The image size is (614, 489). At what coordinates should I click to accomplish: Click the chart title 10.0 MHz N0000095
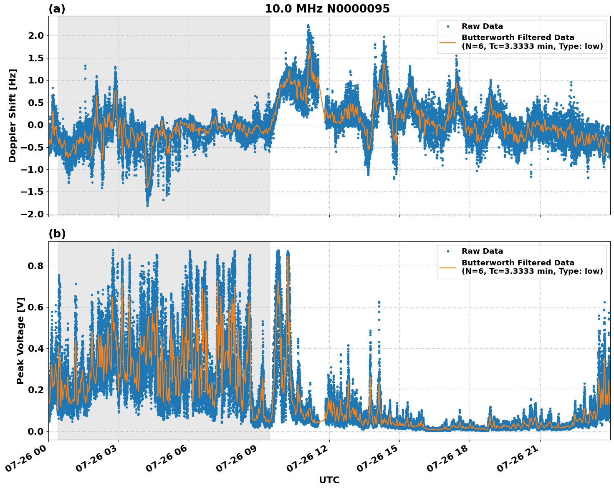(327, 9)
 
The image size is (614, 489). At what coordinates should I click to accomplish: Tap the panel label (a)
(57, 9)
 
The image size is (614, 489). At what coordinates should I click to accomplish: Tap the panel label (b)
(57, 234)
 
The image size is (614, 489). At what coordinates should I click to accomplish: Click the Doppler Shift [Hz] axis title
(13, 116)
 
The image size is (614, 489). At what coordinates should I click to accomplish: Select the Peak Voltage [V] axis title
(20, 340)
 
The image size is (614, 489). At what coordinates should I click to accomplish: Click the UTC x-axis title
(329, 480)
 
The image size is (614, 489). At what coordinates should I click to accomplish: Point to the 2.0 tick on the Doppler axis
(35, 36)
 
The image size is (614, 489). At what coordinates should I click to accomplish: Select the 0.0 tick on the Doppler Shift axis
(35, 125)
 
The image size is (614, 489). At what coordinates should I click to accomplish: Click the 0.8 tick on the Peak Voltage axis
(35, 266)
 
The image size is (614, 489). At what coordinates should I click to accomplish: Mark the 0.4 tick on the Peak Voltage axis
(35, 348)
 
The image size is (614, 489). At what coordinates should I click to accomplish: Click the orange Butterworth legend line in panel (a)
(447, 42)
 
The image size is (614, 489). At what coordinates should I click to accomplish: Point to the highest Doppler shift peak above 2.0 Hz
(308, 26)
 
